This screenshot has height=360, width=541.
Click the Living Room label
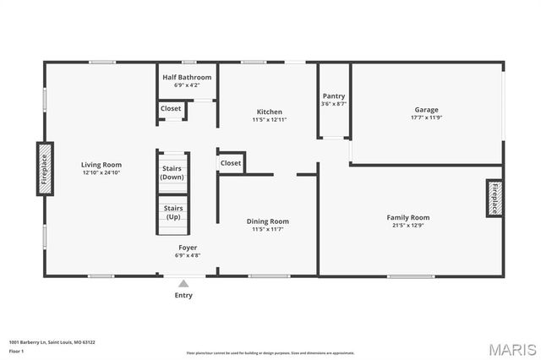point(101,165)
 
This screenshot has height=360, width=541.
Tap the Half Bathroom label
point(187,77)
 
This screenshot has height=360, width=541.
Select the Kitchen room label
point(270,112)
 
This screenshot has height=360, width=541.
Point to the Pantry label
point(334,96)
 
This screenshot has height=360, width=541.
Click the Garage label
point(426,110)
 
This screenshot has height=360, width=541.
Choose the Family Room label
point(408,217)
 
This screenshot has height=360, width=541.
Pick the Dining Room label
point(268,221)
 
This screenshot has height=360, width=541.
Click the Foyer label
point(187,247)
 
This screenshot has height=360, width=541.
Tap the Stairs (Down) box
point(172,172)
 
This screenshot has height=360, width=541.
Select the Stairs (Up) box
point(172,213)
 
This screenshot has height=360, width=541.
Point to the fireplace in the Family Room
point(495,199)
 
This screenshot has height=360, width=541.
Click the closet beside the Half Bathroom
point(171,108)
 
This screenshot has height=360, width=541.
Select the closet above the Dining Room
point(231,162)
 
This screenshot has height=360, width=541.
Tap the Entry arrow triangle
point(183,284)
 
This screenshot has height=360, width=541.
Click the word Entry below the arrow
point(183,296)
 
